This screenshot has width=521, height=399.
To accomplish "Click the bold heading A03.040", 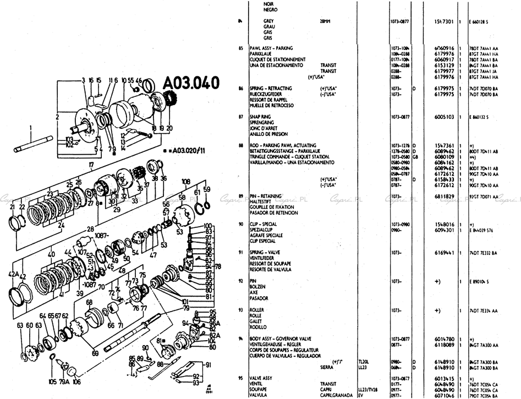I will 191,83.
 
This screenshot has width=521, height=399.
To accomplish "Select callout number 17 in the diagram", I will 91,165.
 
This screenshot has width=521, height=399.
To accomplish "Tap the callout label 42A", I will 14,274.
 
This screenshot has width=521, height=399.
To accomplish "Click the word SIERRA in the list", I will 328,366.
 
